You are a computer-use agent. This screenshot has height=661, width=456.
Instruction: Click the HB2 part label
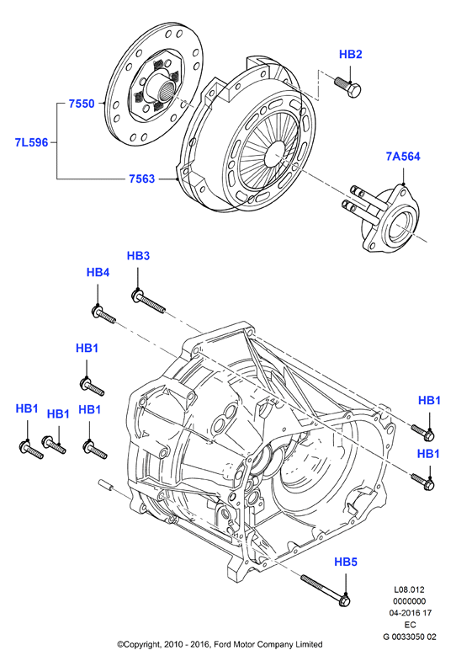pos(350,55)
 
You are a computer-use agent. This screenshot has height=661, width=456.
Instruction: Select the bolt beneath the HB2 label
pos(347,87)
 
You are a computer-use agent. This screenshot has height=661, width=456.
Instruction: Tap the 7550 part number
pos(82,104)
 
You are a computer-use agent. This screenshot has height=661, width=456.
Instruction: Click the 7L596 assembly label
pos(32,142)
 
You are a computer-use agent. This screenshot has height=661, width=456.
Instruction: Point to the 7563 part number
pos(142,179)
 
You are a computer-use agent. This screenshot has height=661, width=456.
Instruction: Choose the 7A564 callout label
pos(403,157)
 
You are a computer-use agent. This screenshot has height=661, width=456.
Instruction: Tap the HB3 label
pos(138,256)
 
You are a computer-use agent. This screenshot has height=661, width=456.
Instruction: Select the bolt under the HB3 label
pos(148,301)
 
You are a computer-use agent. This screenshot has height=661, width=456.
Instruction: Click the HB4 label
pos(98,272)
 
